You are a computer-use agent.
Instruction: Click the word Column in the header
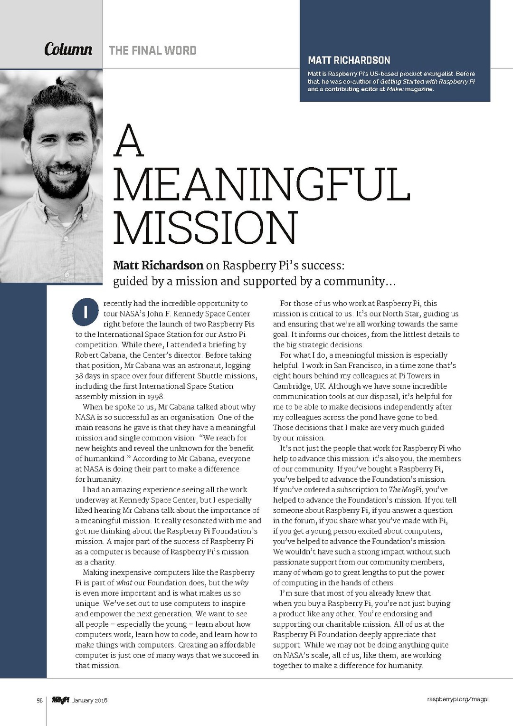click(x=68, y=49)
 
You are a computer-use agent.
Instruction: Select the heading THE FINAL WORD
click(x=152, y=50)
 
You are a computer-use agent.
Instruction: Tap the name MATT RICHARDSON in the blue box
click(x=349, y=60)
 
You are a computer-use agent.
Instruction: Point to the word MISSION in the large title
click(x=205, y=228)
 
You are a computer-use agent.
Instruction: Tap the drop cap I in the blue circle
click(x=85, y=312)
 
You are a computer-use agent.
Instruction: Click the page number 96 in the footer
click(x=40, y=700)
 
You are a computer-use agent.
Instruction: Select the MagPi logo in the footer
click(x=60, y=700)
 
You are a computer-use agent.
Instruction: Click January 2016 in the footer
click(x=90, y=700)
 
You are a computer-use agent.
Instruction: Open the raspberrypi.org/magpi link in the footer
click(x=457, y=699)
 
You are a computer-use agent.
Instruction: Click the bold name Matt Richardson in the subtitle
click(x=158, y=265)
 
